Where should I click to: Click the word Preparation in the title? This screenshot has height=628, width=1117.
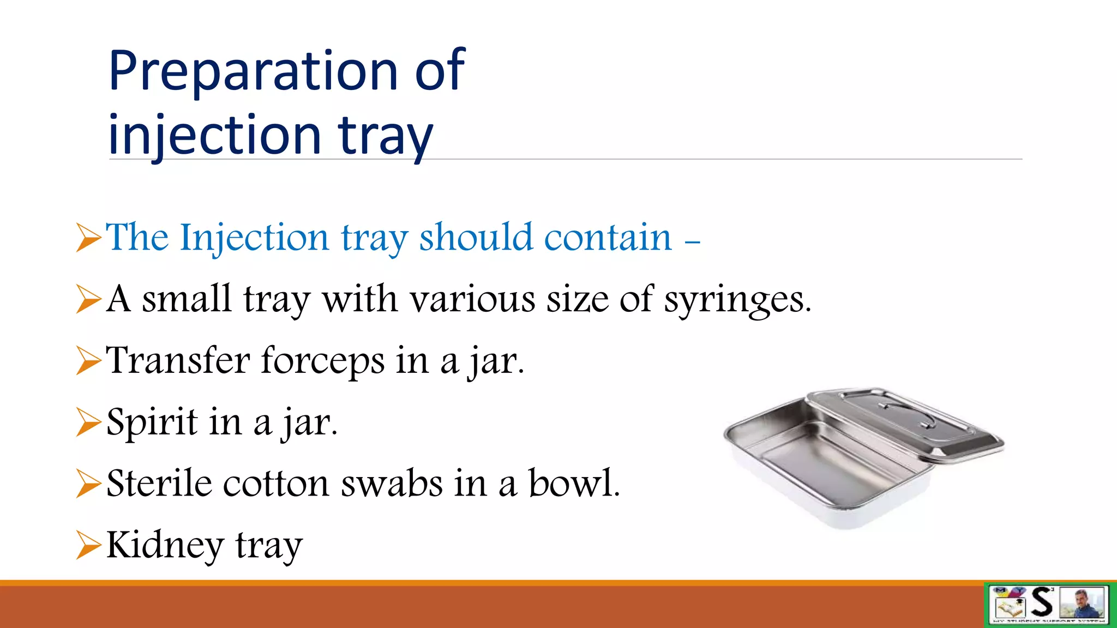pos(254,71)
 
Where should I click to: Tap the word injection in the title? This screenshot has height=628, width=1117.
pos(214,135)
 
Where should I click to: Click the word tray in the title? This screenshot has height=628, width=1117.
pos(385,136)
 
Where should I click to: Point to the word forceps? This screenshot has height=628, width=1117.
pos(323,361)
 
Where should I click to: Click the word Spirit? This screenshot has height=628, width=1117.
pos(152,422)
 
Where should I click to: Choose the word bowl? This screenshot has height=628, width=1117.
pos(574,484)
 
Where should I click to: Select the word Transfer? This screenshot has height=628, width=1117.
pos(178,361)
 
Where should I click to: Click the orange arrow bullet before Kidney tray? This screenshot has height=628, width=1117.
pos(88,545)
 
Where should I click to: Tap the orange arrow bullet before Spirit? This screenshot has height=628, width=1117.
pos(88,422)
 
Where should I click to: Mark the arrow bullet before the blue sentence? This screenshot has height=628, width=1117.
pos(88,238)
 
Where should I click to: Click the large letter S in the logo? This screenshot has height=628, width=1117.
pos(1042,602)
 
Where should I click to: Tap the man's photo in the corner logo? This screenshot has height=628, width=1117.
pos(1082,603)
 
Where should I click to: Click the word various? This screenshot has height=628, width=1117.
pos(472,300)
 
